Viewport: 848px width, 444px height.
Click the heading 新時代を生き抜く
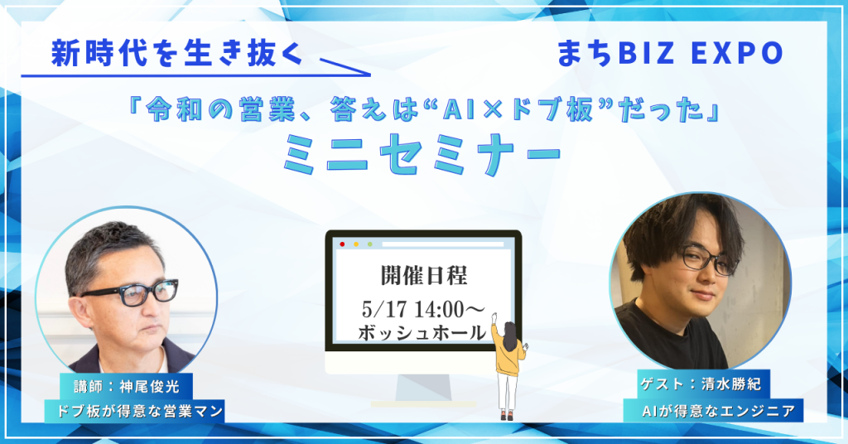click(x=176, y=55)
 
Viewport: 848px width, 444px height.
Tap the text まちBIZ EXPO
click(x=671, y=54)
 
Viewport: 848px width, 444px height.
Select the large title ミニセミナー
click(x=422, y=153)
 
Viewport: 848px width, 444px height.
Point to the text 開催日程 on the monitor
click(x=423, y=276)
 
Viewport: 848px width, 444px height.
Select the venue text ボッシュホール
click(x=422, y=332)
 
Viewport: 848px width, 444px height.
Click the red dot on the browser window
click(x=342, y=244)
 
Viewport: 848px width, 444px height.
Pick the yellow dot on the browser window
click(x=356, y=244)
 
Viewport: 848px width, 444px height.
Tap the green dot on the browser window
click(x=370, y=244)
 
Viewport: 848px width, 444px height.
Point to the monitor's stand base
click(x=423, y=404)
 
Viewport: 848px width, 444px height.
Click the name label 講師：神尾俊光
click(x=127, y=387)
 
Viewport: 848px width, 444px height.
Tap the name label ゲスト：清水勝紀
click(x=701, y=384)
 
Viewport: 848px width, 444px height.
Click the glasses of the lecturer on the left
click(x=130, y=292)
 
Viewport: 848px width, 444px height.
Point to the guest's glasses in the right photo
click(x=710, y=259)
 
